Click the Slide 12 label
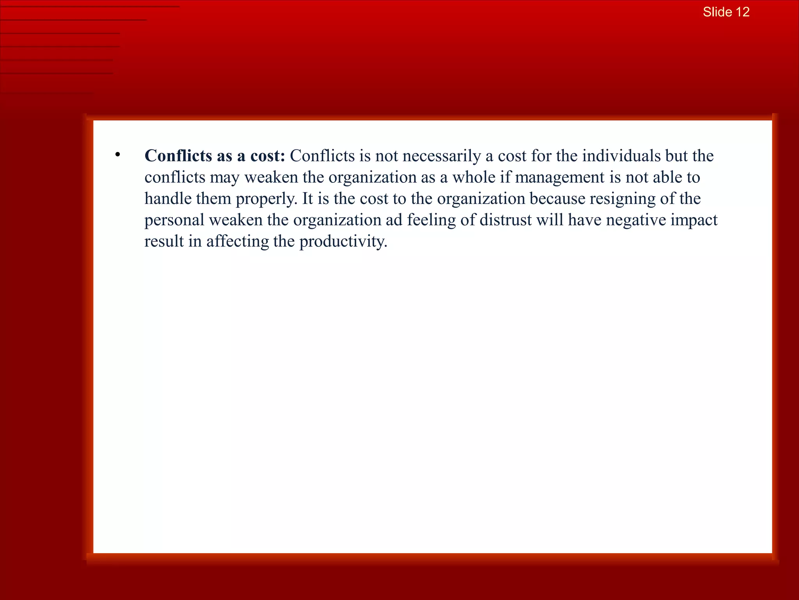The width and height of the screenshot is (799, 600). [726, 12]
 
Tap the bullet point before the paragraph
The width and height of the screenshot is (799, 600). [117, 155]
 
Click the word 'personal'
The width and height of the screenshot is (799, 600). [174, 220]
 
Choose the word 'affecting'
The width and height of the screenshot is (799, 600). [238, 242]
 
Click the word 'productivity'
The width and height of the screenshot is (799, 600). [343, 242]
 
